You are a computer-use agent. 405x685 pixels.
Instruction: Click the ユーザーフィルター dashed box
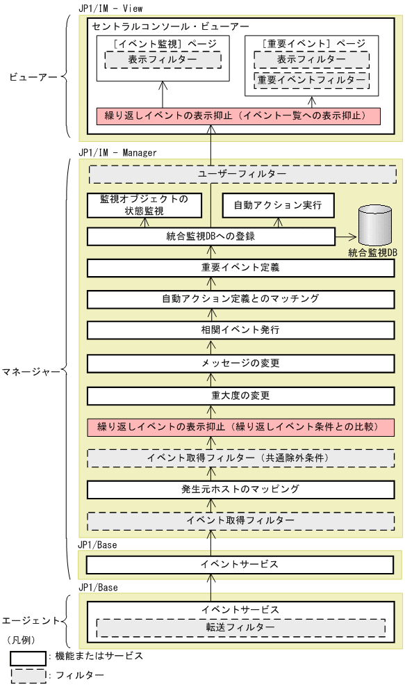(242, 173)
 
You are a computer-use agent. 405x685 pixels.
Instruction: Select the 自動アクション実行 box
(276, 206)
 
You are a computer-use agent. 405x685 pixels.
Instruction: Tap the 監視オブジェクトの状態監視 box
(144, 205)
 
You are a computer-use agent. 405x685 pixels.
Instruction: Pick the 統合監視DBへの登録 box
(210, 236)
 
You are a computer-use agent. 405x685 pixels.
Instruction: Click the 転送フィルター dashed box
(240, 628)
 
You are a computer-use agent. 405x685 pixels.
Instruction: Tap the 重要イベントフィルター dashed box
(311, 81)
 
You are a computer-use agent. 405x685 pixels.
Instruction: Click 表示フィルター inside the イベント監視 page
(163, 60)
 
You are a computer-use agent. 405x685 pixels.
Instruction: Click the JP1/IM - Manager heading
(117, 152)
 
